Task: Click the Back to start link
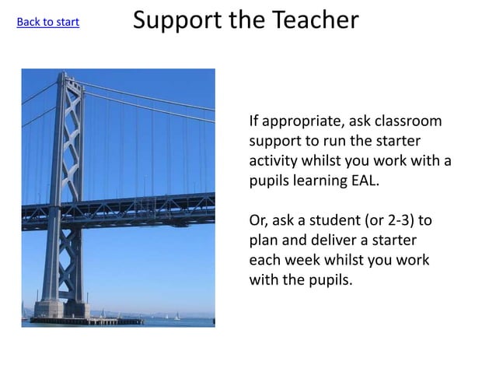pyautogui.click(x=47, y=22)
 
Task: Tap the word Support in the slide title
pyautogui.click(x=178, y=21)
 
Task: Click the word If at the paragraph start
pyautogui.click(x=253, y=121)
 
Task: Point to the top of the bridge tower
pyautogui.click(x=69, y=76)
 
